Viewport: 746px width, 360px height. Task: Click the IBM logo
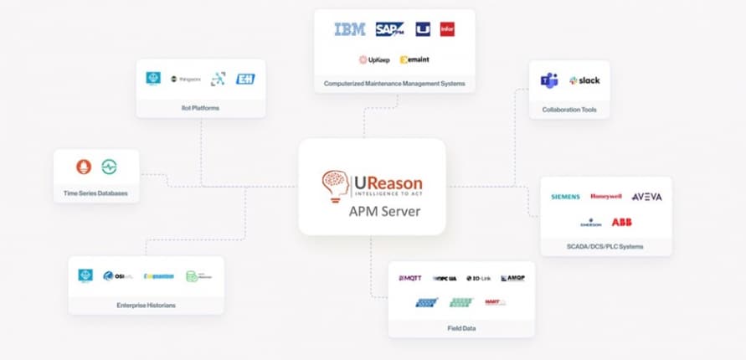pos(349,29)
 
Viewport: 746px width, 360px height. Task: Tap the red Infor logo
pos(447,29)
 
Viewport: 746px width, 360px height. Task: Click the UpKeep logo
pos(373,59)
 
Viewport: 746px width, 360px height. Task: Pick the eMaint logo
pos(414,59)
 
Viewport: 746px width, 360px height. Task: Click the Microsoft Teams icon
pos(549,80)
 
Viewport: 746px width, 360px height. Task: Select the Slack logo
pos(584,80)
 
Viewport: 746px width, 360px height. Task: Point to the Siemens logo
pos(565,197)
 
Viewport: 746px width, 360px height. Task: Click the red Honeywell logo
pos(605,197)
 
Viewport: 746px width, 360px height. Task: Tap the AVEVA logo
pos(646,197)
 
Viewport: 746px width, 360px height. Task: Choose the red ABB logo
pos(621,222)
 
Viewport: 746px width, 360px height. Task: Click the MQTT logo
pos(410,278)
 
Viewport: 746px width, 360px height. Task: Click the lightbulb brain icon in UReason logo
pos(334,187)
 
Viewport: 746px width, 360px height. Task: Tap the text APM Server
pos(384,211)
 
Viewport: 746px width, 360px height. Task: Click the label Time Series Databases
pos(96,193)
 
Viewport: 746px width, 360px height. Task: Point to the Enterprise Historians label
pos(147,306)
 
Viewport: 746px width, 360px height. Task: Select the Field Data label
pos(461,328)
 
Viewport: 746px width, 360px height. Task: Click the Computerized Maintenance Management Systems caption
pos(394,84)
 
